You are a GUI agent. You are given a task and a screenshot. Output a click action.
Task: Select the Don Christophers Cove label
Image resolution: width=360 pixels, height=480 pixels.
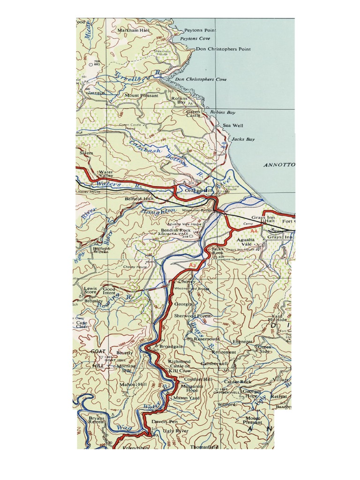(201, 80)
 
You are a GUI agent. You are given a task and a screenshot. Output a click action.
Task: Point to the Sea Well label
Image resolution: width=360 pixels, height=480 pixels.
(233, 126)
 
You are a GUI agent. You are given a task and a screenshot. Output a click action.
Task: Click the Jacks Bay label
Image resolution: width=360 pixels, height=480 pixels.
(243, 140)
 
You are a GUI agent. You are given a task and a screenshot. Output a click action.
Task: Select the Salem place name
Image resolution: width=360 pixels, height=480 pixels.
(87, 153)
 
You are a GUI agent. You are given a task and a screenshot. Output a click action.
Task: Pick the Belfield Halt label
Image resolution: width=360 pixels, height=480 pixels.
(139, 199)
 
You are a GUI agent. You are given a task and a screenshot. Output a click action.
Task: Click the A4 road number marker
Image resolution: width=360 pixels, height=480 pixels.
(254, 231)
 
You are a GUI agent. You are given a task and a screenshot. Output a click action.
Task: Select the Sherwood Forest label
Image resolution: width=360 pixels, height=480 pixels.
(190, 316)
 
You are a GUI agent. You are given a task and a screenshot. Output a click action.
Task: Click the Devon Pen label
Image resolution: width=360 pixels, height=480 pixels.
(161, 422)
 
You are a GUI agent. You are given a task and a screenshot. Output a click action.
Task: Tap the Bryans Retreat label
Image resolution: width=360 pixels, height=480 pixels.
(97, 420)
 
